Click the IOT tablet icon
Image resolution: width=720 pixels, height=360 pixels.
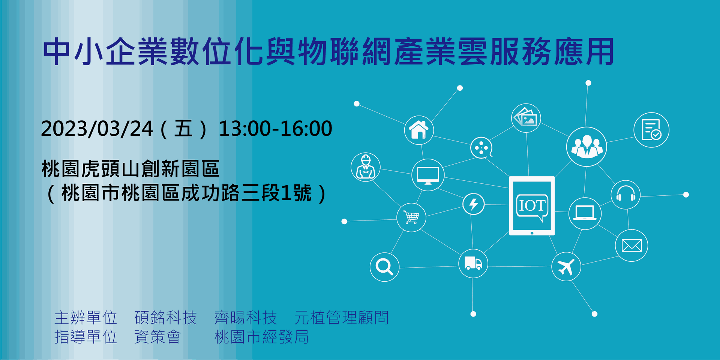coord(532,206)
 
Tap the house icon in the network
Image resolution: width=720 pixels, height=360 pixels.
coord(419,130)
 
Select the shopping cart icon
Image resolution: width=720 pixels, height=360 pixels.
coord(411,217)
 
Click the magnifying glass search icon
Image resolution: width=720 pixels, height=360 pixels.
coord(384,267)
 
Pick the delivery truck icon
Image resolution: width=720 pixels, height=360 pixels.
coord(473,263)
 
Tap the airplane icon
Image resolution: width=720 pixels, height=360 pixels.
coord(566,267)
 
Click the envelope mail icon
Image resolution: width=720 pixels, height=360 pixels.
coord(631,246)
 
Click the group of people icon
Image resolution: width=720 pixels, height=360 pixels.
coord(586,147)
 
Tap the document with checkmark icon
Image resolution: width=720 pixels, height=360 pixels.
coord(651,130)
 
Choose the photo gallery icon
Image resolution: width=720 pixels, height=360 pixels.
coord(526,118)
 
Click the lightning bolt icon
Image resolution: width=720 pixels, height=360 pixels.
coord(474,204)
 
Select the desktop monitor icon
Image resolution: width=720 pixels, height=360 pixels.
coord(428,175)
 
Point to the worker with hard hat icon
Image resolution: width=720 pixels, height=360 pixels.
coord(366,167)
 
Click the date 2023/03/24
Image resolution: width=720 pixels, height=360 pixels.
coord(97,129)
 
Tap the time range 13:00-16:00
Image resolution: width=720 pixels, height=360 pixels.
coord(276,129)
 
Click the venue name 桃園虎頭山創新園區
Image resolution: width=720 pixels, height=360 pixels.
coord(130,169)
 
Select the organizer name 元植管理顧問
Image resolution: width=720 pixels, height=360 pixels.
coord(342,318)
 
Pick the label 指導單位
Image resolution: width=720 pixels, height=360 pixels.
coord(86,337)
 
